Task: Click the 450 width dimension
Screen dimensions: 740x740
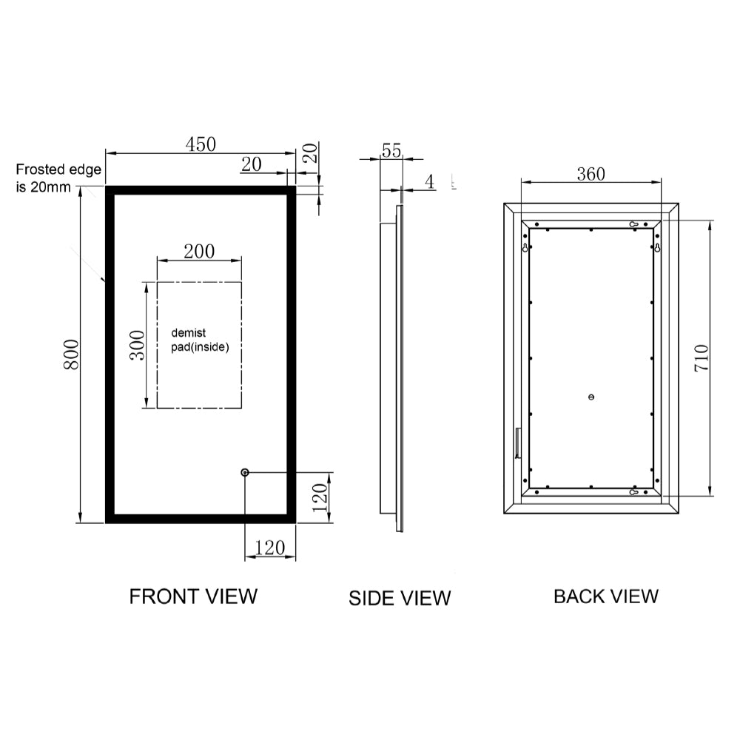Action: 201,144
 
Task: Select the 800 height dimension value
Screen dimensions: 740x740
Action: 71,355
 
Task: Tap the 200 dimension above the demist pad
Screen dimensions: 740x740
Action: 199,251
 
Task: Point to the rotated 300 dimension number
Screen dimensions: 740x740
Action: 138,345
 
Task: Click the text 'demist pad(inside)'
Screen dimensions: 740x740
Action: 200,340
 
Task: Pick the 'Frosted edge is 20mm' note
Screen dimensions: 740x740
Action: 58,178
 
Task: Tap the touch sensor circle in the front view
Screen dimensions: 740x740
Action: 245,472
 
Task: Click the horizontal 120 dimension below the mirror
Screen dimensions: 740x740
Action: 269,548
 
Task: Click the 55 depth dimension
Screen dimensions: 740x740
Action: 391,150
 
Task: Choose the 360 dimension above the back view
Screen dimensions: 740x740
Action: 591,174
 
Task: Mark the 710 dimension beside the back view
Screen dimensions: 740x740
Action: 702,357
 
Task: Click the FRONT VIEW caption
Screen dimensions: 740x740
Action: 193,596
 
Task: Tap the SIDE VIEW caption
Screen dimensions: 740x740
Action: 400,598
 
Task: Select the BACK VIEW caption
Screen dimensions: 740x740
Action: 605,596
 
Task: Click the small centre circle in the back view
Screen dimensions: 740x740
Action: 591,397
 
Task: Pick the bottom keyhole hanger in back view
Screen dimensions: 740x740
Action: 634,492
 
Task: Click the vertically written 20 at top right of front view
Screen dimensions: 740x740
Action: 312,153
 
